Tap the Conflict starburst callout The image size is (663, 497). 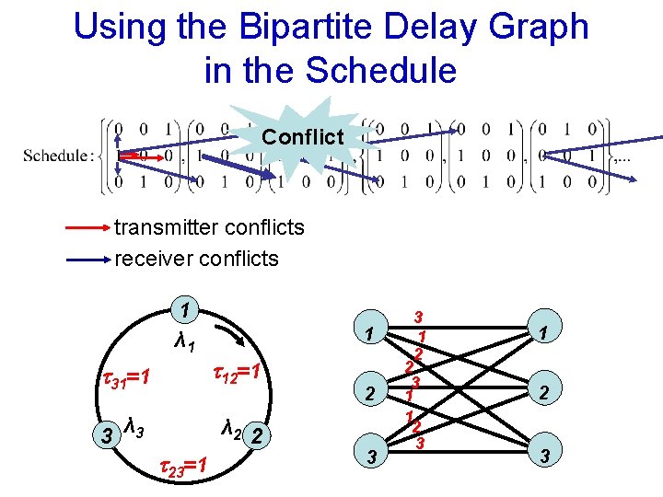click(x=302, y=137)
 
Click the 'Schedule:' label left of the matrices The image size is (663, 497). click(x=56, y=155)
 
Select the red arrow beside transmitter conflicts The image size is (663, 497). click(x=87, y=226)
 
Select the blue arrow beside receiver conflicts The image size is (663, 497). click(x=87, y=260)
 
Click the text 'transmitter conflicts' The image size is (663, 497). click(x=209, y=226)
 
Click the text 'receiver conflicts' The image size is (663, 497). click(x=196, y=259)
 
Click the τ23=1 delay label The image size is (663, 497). click(x=181, y=466)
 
